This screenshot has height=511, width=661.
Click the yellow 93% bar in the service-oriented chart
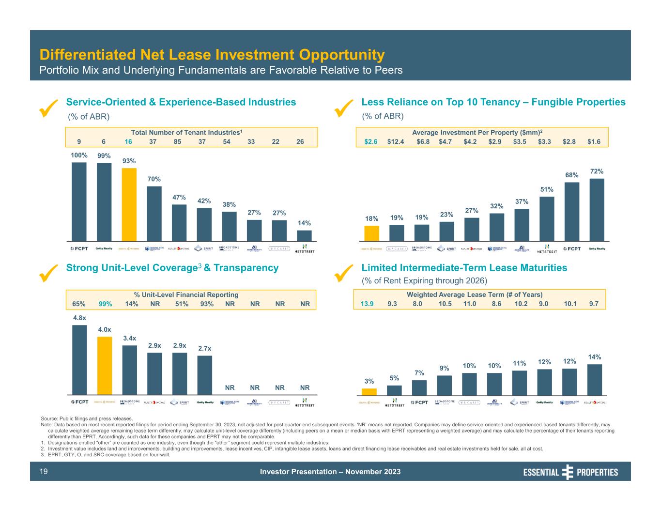pyautogui.click(x=129, y=204)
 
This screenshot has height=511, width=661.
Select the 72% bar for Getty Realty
pyautogui.click(x=597, y=209)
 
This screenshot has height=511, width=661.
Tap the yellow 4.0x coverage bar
pyautogui.click(x=105, y=366)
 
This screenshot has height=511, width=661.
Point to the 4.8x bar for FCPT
pyautogui.click(x=79, y=359)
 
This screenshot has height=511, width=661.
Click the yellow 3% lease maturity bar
pyautogui.click(x=369, y=392)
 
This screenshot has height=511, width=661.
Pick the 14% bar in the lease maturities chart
pyautogui.click(x=594, y=380)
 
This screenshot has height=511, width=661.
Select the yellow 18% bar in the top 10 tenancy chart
pyautogui.click(x=371, y=233)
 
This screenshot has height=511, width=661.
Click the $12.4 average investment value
pyautogui.click(x=396, y=141)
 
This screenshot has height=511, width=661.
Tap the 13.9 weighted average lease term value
pyautogui.click(x=367, y=304)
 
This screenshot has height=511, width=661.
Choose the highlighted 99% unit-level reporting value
pyautogui.click(x=105, y=304)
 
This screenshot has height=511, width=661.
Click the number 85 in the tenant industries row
pyautogui.click(x=178, y=141)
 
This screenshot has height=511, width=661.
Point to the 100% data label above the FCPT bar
pyautogui.click(x=79, y=155)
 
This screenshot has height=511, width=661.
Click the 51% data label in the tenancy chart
pyautogui.click(x=547, y=189)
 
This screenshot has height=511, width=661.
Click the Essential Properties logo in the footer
pyautogui.click(x=570, y=472)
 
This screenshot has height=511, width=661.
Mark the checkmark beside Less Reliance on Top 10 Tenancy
pyautogui.click(x=344, y=108)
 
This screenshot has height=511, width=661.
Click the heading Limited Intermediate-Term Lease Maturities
pyautogui.click(x=464, y=268)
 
